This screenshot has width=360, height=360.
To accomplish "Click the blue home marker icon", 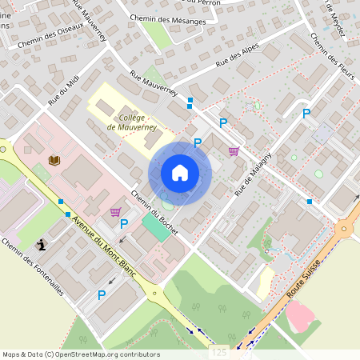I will pyautogui.click(x=180, y=173).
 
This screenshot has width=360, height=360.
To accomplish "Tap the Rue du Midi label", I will pyautogui.click(x=65, y=92).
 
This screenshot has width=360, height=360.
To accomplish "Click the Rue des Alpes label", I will pyautogui.click(x=239, y=57).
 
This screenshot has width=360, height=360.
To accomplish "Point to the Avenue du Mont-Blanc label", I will pyautogui.click(x=104, y=248).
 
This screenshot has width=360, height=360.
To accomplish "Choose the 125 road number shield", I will pyautogui.click(x=221, y=352).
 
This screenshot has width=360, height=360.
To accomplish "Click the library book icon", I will pyautogui.click(x=54, y=161).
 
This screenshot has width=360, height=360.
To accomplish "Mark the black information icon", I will pyautogui.click(x=41, y=246).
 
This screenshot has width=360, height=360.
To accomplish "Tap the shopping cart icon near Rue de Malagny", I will pyautogui.click(x=234, y=150).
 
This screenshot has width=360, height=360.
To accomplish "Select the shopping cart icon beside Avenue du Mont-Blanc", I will pyautogui.click(x=115, y=212).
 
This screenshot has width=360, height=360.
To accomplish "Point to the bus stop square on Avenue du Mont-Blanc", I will pyautogui.click(x=67, y=214).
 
